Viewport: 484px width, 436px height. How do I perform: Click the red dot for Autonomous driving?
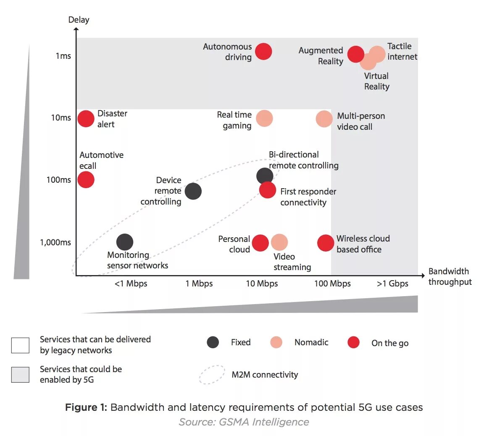click(263, 52)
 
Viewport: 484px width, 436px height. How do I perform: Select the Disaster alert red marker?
click(86, 119)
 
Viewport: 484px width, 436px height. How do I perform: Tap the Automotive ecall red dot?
click(86, 180)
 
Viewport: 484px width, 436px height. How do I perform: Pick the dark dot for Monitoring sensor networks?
click(125, 242)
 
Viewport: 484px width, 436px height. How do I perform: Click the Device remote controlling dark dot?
click(193, 191)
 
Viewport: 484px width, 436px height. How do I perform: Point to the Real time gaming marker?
click(264, 118)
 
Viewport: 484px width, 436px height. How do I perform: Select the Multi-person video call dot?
click(324, 119)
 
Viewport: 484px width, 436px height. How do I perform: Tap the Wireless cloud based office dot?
click(326, 243)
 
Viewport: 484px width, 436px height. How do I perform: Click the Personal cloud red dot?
click(260, 243)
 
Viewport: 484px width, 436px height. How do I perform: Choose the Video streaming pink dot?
click(279, 242)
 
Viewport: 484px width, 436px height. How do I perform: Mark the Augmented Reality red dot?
click(356, 54)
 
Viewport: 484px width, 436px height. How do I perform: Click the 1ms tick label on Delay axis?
click(63, 56)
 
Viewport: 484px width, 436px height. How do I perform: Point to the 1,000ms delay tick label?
click(55, 242)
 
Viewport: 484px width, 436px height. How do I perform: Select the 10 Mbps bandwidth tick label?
click(262, 284)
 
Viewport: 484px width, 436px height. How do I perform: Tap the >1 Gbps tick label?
click(392, 284)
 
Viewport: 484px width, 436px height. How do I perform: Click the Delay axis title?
click(79, 20)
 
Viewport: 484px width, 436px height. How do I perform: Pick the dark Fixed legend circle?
click(213, 342)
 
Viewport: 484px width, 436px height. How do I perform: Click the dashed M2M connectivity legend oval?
click(212, 375)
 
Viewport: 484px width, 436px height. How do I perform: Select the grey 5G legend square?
click(20, 375)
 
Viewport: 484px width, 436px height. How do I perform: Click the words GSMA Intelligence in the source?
click(264, 422)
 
